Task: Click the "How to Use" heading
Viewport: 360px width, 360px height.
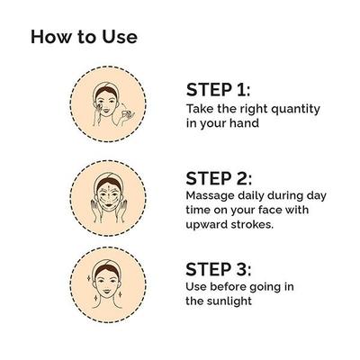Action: (84, 37)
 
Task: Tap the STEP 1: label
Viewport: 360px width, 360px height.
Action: (218, 90)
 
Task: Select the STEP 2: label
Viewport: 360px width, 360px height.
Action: (219, 178)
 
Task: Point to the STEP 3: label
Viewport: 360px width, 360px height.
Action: (219, 269)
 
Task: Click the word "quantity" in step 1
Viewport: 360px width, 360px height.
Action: (295, 110)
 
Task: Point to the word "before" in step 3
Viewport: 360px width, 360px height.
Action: (228, 287)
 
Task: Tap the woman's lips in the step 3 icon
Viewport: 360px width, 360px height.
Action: (107, 291)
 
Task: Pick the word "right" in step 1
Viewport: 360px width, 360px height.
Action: (254, 110)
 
